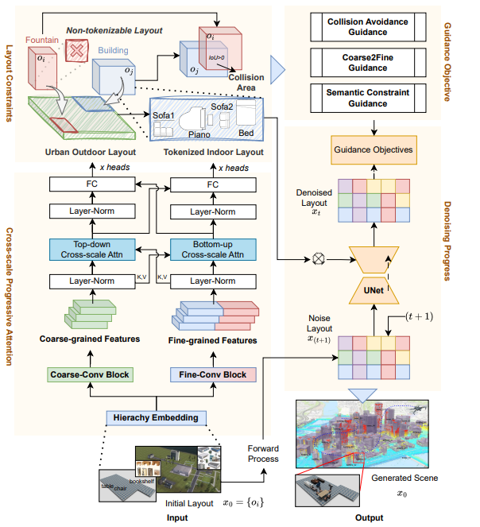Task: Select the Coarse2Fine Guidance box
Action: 368,61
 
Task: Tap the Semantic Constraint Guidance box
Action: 368,98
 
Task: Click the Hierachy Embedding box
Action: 157,418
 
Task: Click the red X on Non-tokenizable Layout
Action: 76,52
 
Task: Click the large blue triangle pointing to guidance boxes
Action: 277,70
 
